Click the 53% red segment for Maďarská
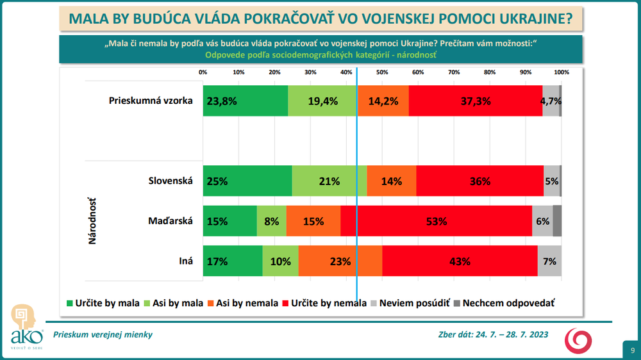click(436, 221)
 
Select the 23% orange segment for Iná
click(340, 261)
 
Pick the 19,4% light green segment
click(322, 101)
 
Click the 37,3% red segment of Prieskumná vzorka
click(475, 101)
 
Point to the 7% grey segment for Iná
click(549, 261)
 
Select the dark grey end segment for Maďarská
click(557, 221)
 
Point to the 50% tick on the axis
click(381, 72)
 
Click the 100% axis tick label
click(561, 72)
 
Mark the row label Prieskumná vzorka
click(151, 101)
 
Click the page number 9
click(632, 350)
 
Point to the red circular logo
click(578, 340)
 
